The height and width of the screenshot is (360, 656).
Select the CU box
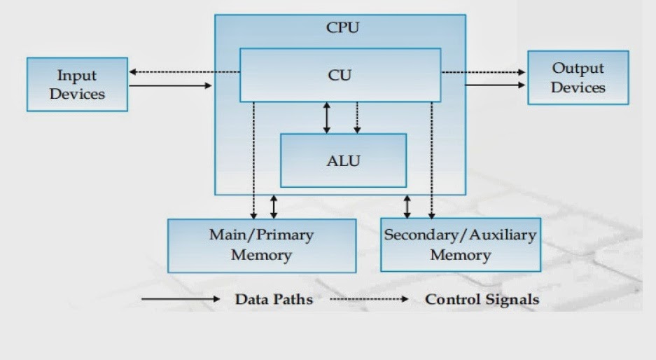tap(340, 75)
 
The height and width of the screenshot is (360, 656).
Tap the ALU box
tap(343, 160)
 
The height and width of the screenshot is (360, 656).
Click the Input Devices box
tap(77, 84)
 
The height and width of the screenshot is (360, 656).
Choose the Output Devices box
tap(578, 78)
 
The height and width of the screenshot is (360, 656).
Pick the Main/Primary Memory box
tap(261, 244)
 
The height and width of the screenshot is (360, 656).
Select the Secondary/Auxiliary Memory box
tap(460, 244)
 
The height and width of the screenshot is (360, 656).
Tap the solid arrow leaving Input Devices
tap(170, 86)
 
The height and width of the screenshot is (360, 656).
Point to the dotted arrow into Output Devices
tap(484, 71)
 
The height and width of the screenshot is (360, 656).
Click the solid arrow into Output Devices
tap(495, 85)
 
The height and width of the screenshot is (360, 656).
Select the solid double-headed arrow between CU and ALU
tap(326, 118)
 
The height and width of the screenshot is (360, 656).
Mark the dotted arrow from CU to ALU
tap(357, 118)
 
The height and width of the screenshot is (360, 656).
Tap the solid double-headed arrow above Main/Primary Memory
tap(274, 207)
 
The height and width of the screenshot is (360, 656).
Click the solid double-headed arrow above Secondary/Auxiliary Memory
tap(407, 207)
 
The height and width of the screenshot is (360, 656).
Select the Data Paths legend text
tap(274, 299)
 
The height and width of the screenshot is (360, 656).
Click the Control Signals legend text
tap(482, 299)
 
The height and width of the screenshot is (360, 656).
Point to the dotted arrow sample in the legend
tap(369, 299)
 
